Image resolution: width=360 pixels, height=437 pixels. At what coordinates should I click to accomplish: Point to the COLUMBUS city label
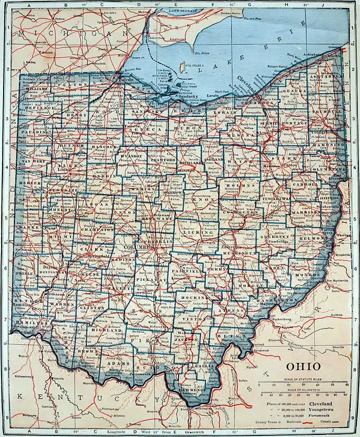[137, 247]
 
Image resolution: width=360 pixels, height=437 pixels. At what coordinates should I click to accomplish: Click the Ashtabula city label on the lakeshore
[312, 55]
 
